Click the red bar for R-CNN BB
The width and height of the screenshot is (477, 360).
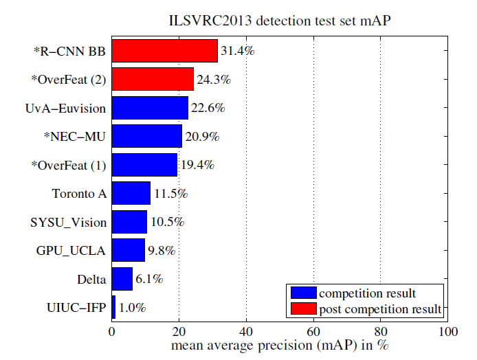(164, 51)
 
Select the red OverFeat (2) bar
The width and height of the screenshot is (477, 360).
(153, 80)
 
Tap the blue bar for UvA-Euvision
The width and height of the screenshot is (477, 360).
(150, 108)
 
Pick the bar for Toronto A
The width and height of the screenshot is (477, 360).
(131, 193)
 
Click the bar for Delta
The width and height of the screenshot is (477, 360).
(122, 279)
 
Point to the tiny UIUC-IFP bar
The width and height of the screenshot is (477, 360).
(113, 307)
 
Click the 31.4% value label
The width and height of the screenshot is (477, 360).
(237, 51)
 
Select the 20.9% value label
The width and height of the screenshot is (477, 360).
(202, 137)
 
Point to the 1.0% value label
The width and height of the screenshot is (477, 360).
(132, 308)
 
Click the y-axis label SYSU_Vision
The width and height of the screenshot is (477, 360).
(69, 222)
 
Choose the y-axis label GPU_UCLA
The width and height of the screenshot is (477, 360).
(71, 251)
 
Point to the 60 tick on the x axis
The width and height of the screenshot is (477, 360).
(313, 331)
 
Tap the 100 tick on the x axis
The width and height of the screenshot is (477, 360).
(448, 331)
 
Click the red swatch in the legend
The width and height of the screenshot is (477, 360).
(303, 310)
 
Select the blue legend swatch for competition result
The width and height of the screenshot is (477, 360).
(303, 293)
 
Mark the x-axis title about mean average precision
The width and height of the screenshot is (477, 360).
(280, 346)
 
